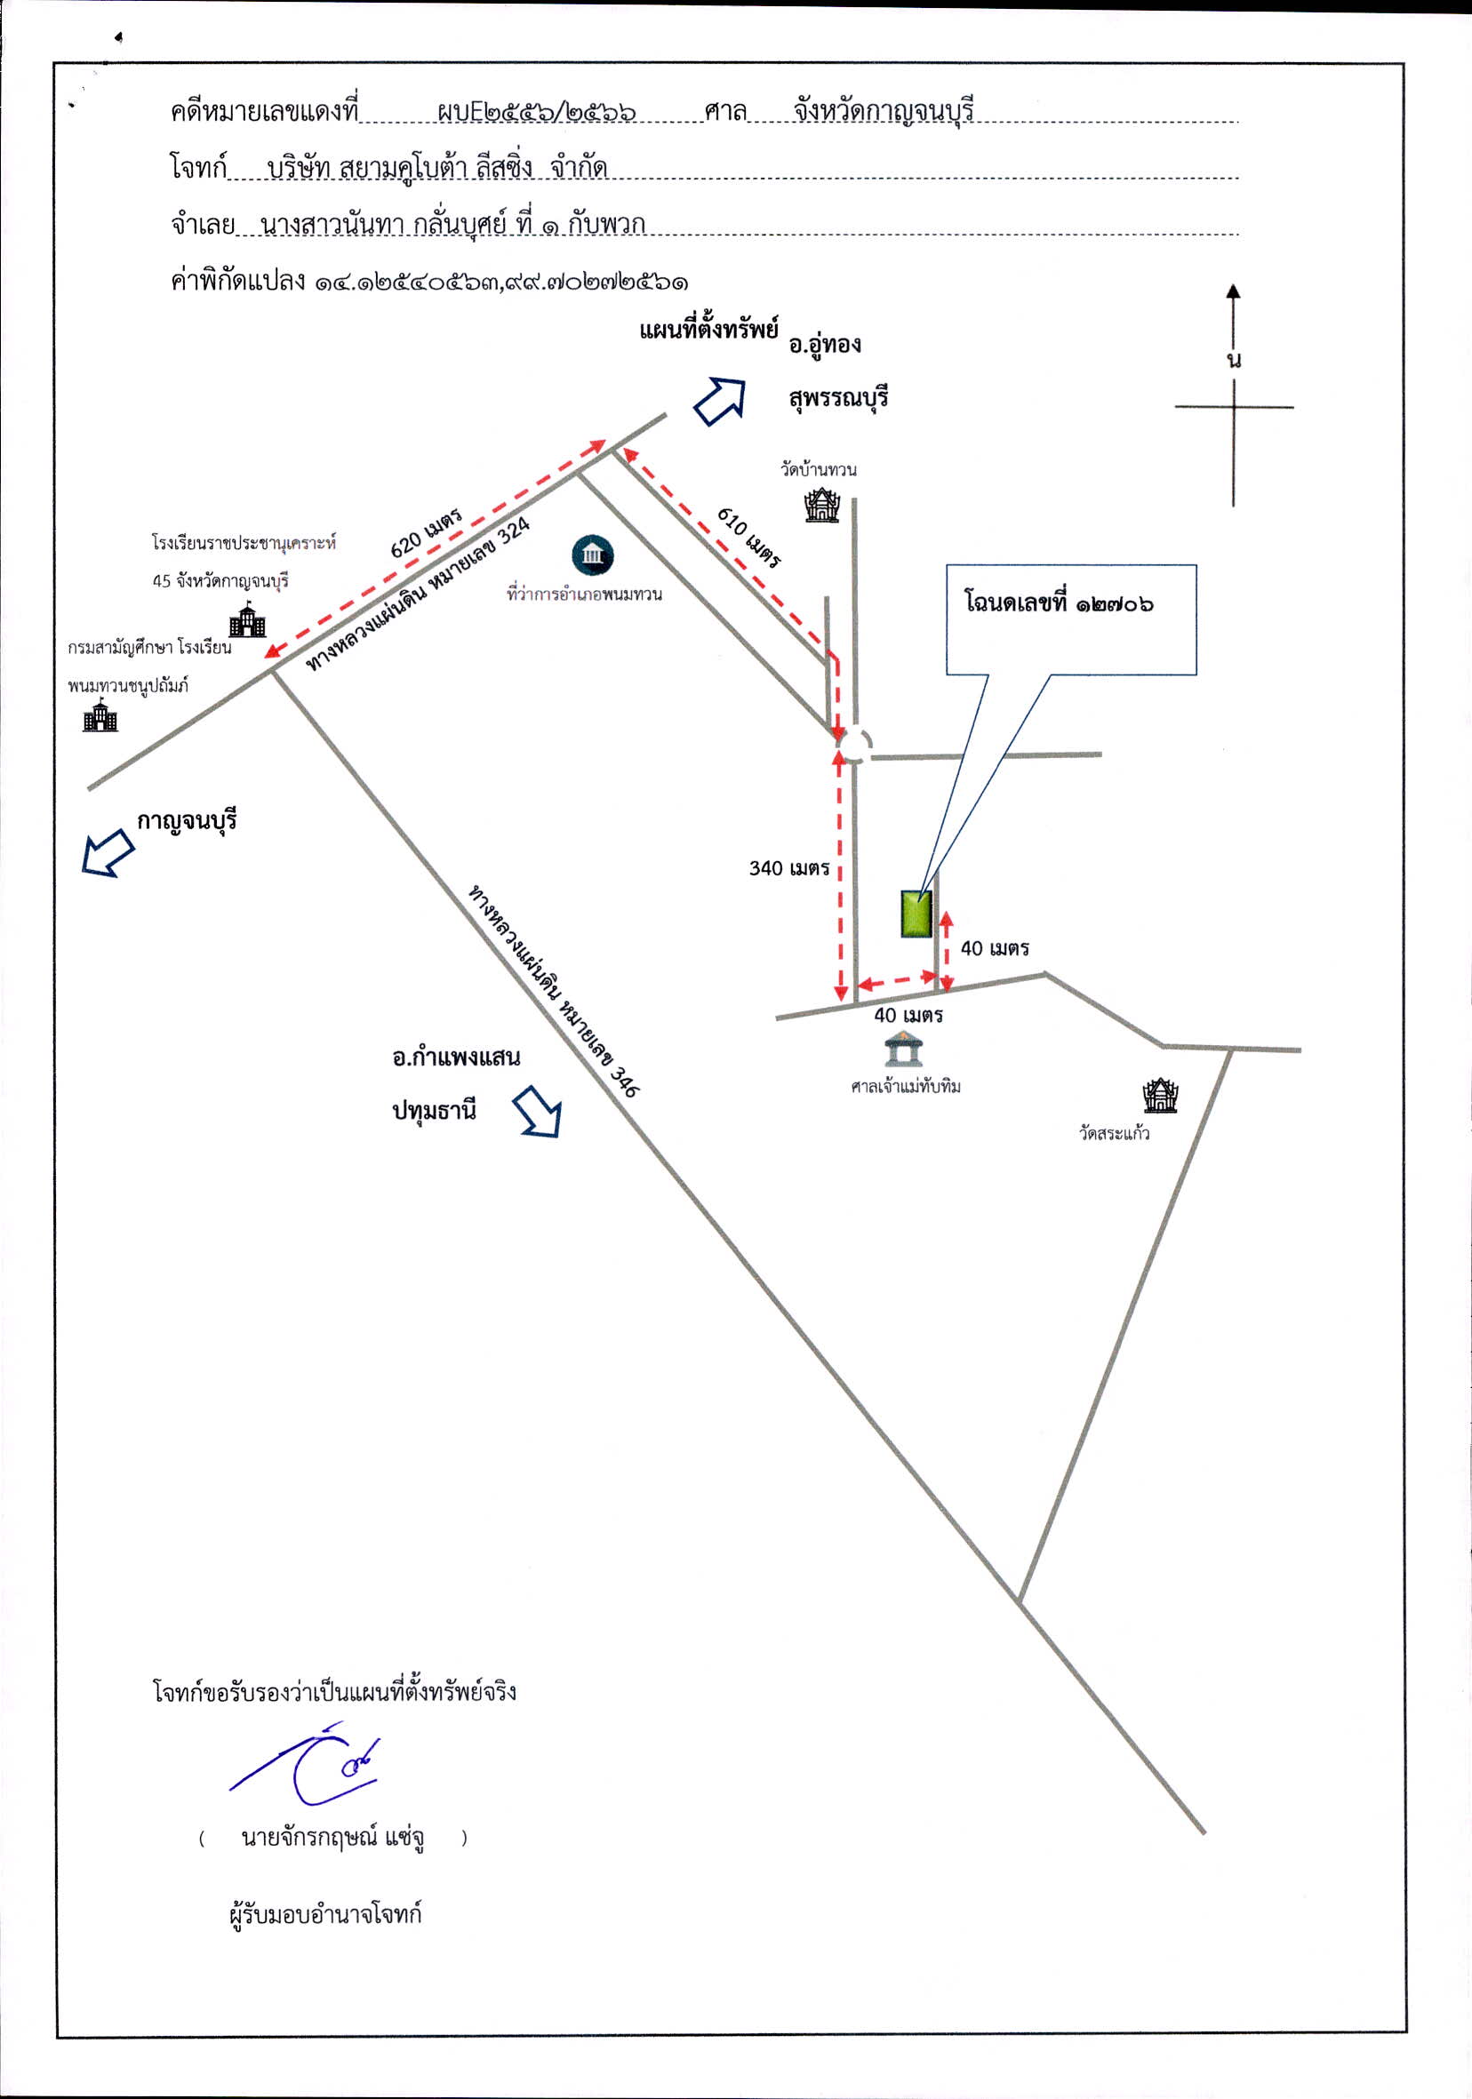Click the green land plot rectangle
click(x=916, y=914)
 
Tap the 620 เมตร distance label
click(x=426, y=533)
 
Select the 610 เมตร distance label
click(x=748, y=538)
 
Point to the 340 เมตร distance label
click(x=789, y=867)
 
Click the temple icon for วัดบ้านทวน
click(x=822, y=506)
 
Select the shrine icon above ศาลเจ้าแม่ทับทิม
click(x=903, y=1048)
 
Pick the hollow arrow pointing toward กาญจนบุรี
click(x=108, y=852)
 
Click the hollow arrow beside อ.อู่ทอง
click(x=721, y=401)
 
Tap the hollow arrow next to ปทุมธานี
click(x=538, y=1111)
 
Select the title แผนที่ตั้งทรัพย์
click(x=708, y=328)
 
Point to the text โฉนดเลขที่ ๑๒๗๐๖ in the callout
click(x=1059, y=603)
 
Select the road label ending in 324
click(x=418, y=595)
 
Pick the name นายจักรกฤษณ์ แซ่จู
click(x=332, y=1838)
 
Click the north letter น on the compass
click(x=1235, y=359)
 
